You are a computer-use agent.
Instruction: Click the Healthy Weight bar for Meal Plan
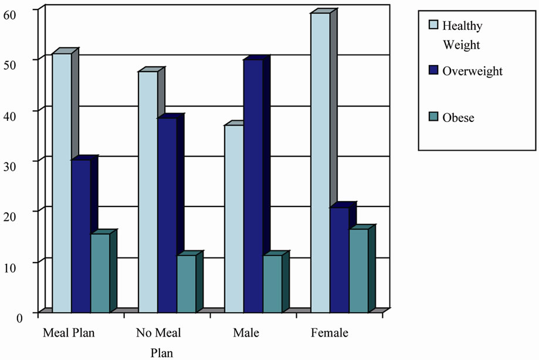62,182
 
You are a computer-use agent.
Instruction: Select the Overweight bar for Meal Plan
81,235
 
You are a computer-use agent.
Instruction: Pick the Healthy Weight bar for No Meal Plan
148,191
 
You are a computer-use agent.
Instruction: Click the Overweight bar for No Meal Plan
167,215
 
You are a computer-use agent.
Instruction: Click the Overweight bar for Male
253,185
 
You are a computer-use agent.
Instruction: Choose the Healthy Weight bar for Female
320,162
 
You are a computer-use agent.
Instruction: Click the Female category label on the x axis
329,334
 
